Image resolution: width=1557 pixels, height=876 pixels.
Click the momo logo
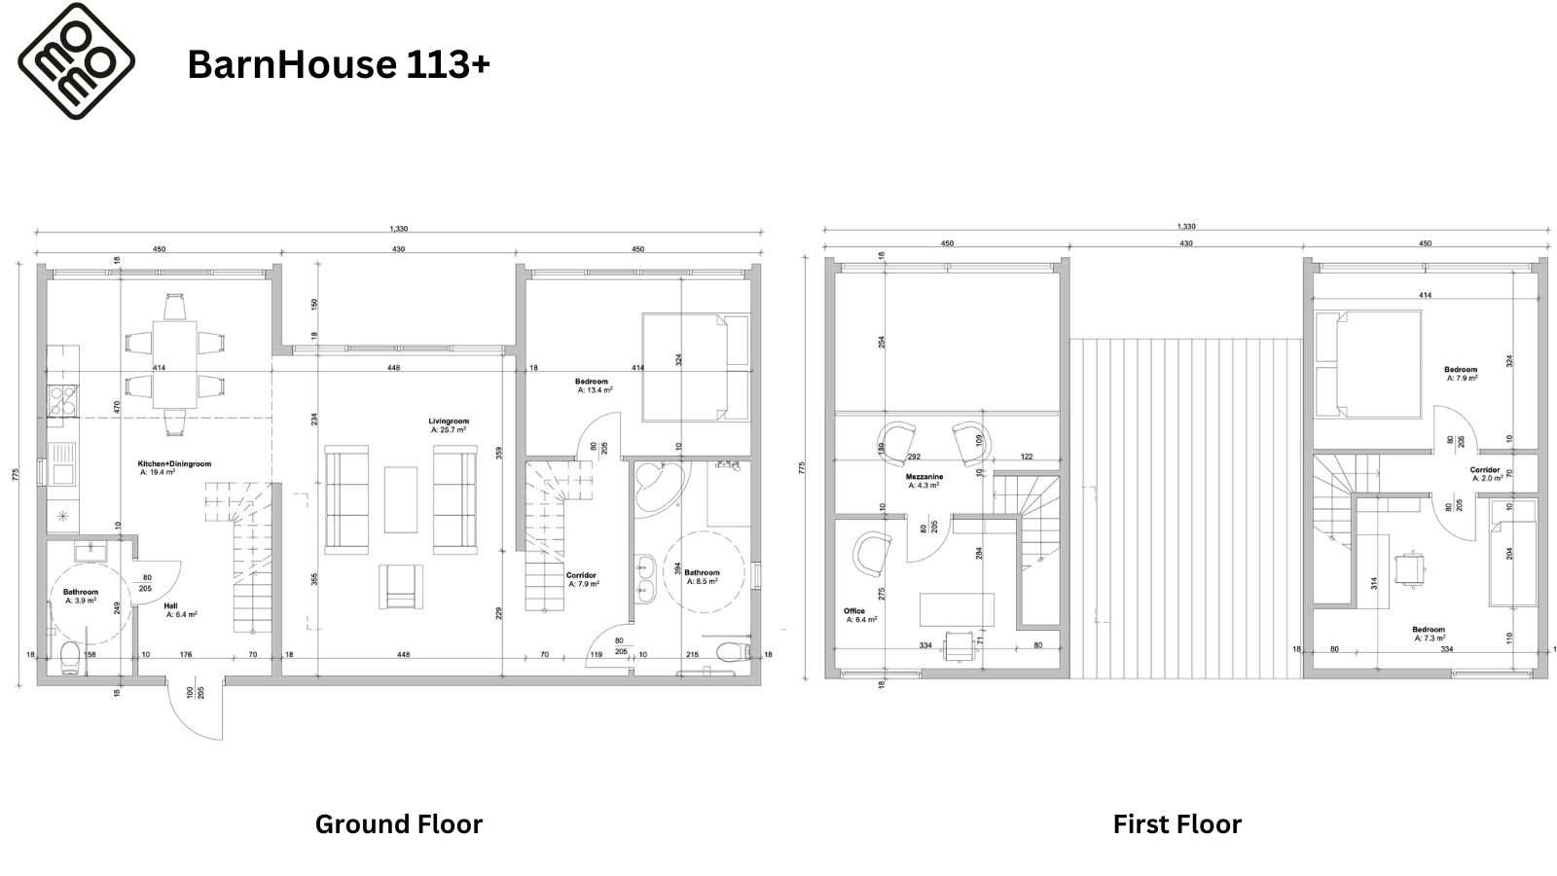(76, 61)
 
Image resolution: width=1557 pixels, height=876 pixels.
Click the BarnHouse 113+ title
(339, 65)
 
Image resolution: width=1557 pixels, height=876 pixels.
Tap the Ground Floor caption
(399, 823)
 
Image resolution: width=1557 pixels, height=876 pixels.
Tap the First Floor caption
(1177, 823)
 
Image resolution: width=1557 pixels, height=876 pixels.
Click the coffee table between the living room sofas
(400, 499)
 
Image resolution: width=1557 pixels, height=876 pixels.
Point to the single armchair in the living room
(399, 586)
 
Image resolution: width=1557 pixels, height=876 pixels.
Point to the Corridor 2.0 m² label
(1486, 474)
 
